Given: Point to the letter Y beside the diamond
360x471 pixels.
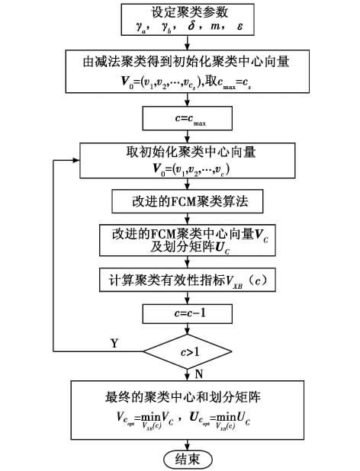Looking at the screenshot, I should click(114, 344).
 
